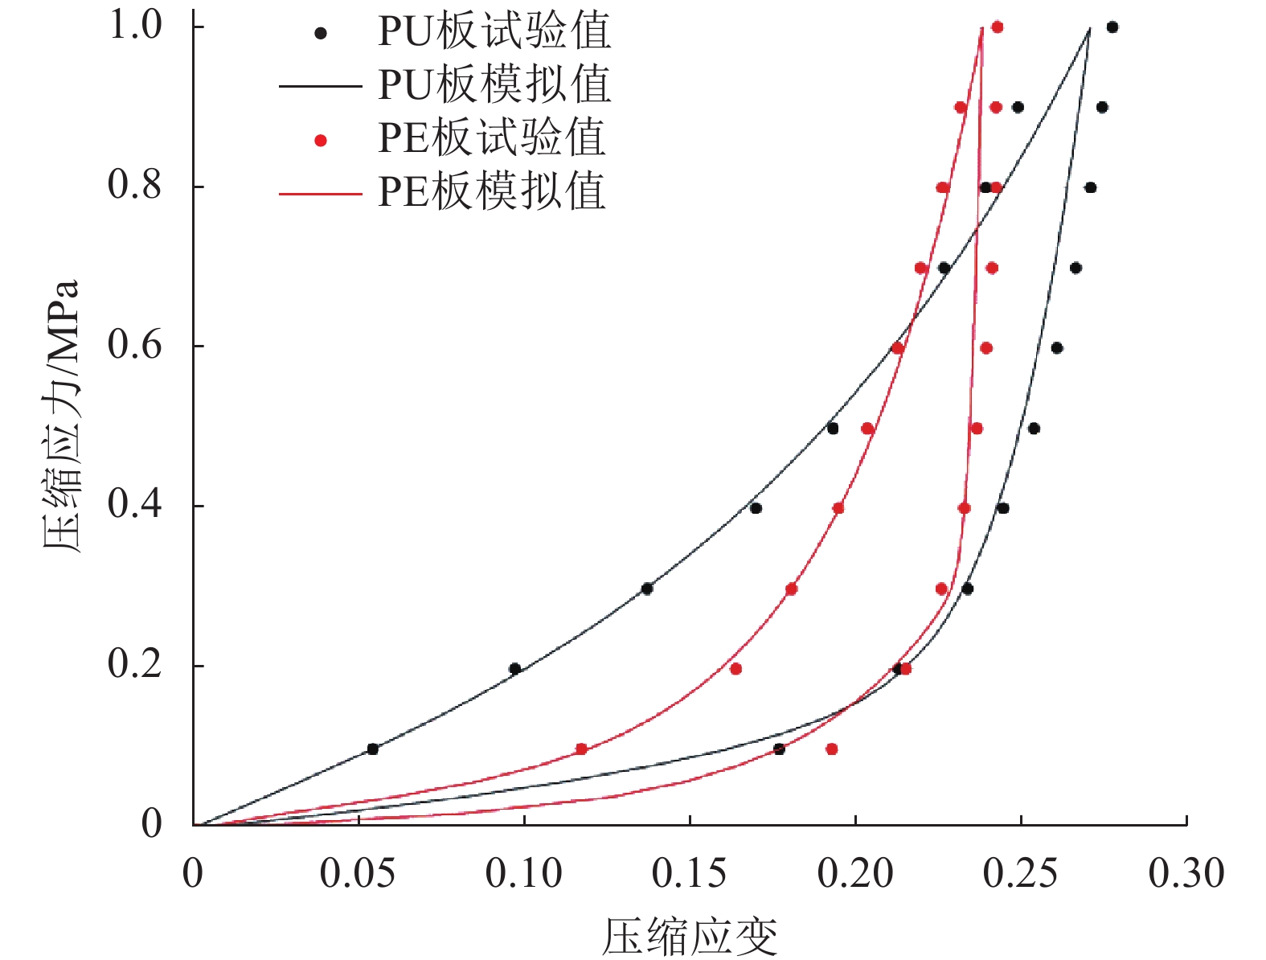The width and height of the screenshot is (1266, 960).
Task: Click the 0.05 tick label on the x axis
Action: click(358, 874)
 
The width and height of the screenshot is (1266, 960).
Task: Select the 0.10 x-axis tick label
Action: click(523, 874)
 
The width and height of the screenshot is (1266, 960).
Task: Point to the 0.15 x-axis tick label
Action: click(689, 874)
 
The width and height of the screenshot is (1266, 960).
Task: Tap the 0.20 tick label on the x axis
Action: click(854, 874)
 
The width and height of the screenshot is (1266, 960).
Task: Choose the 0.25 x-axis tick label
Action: click(1020, 874)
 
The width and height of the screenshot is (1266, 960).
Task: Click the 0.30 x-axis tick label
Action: click(1186, 874)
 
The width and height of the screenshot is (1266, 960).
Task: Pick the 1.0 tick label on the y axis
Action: click(135, 26)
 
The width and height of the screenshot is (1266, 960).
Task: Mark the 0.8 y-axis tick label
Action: click(135, 186)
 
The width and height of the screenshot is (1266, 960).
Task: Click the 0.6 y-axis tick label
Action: click(135, 346)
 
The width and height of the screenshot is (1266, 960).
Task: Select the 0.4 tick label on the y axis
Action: click(135, 505)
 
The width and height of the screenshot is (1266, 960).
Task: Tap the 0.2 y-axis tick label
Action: click(135, 665)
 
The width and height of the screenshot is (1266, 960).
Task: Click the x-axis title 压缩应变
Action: click(690, 936)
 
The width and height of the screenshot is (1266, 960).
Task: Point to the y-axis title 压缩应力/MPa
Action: click(63, 416)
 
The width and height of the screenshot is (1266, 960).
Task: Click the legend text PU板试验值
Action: click(494, 32)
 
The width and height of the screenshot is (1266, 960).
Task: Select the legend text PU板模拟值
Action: click(494, 85)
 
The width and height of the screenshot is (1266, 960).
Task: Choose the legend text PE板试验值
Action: click(491, 138)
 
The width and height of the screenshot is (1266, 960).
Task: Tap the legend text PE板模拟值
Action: click(491, 192)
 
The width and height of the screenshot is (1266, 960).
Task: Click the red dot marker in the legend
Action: click(321, 141)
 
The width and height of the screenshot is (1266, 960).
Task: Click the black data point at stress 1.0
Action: click(1112, 27)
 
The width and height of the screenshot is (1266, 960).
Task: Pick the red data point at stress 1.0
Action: click(997, 27)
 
